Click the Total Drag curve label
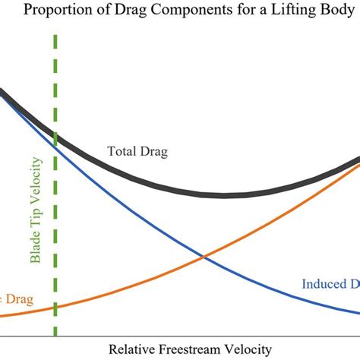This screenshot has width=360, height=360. [x=137, y=152]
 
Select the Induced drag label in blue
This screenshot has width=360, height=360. [x=330, y=284]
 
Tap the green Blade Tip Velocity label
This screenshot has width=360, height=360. [x=36, y=216]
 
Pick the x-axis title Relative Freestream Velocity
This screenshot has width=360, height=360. [x=190, y=349]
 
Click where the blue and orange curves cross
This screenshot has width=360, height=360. [x=203, y=257]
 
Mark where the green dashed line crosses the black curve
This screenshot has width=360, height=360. [x=55, y=137]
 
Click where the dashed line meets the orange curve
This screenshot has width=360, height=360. [x=55, y=308]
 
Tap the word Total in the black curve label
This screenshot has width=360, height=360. [x=122, y=152]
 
